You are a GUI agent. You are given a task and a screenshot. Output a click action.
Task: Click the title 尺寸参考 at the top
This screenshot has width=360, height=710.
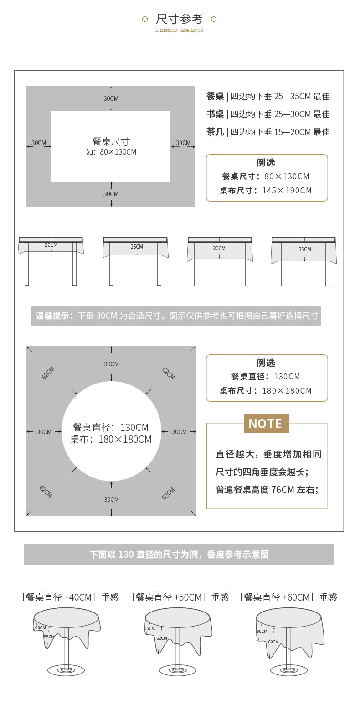coord(179,19)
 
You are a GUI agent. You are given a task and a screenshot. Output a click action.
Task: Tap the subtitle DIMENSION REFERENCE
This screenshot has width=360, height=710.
coord(179,31)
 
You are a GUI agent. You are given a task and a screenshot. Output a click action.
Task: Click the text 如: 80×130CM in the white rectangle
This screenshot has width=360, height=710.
coord(111,152)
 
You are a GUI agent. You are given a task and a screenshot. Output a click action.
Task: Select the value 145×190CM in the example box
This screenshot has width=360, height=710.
coord(287,191)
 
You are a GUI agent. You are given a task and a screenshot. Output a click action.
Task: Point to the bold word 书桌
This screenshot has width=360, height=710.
coord(215,114)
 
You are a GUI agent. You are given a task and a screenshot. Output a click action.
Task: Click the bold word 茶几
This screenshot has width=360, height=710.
coord(215,132)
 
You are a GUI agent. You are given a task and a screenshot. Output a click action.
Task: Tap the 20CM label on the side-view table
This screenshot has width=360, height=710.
coord(51,245)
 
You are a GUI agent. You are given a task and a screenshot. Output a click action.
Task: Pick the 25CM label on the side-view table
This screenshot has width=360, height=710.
coord(137,247)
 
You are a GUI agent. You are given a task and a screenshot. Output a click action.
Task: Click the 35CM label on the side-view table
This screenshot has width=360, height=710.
coord(304,249)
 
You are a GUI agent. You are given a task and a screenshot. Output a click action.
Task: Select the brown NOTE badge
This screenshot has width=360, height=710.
coord(266,424)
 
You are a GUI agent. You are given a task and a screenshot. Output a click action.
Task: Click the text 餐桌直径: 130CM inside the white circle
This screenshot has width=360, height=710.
coord(111,428)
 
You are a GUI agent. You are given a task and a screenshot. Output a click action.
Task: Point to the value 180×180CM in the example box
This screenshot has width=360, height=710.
coord(287,391)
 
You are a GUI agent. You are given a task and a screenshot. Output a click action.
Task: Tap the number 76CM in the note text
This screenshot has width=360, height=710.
coord(283,490)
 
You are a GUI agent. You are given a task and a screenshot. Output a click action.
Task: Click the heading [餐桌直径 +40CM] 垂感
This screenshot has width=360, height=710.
coord(70,597)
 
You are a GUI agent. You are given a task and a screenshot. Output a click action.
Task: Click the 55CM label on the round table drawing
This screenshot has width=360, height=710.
coord(49,637)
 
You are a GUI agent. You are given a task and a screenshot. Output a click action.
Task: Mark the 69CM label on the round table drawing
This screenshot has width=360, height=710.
coord(273,642)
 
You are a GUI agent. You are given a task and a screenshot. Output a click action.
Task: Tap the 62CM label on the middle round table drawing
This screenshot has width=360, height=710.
coord(161,638)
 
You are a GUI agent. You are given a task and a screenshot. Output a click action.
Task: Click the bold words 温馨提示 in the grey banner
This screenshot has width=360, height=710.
coord(52,316)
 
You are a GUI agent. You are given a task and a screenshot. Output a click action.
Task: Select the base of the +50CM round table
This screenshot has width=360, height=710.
coord(177,670)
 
